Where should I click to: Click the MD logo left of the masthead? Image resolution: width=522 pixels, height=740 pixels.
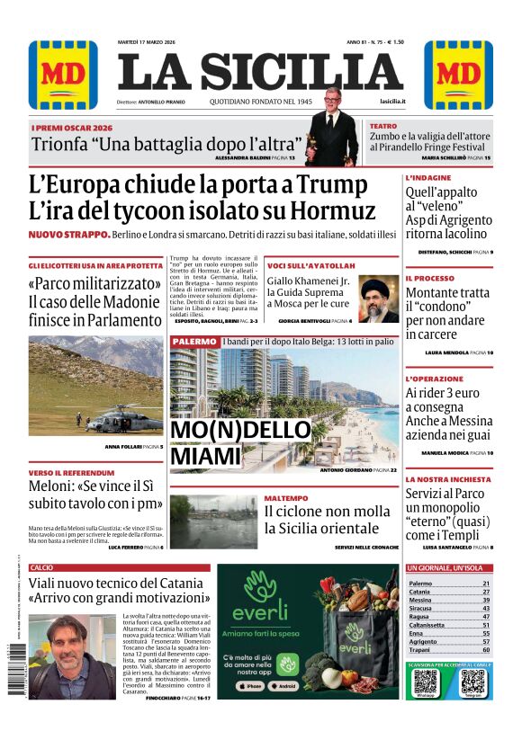63,75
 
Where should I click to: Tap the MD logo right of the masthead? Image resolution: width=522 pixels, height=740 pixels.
458,75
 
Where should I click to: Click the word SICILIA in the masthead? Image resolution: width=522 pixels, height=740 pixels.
307,73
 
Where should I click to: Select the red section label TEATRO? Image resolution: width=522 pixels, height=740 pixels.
382,127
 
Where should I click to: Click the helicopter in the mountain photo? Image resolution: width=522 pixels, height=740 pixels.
125,418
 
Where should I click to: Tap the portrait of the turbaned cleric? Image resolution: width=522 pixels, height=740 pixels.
379,299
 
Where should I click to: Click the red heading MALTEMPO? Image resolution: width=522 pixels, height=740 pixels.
285,497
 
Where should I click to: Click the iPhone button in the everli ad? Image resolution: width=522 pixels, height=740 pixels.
254,686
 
